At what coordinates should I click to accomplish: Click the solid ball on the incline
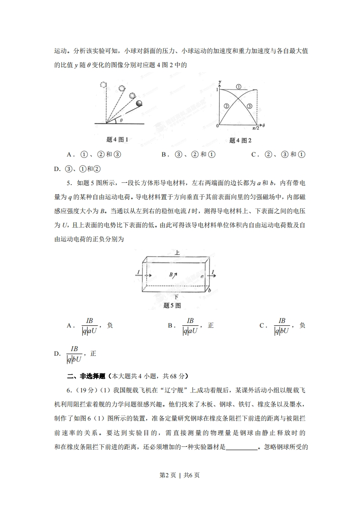139,103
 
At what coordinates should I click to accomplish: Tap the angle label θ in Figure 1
121,121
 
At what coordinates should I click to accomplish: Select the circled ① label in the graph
239,86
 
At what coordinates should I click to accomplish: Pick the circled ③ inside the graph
249,106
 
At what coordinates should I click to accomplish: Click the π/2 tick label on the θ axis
257,128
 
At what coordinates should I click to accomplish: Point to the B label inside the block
172,274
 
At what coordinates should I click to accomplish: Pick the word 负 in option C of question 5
302,325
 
